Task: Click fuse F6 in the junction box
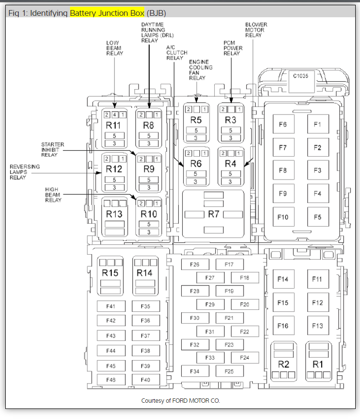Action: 283,125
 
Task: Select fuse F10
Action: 283,217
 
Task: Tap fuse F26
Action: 195,264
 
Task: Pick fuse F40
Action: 146,380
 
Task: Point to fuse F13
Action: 317,326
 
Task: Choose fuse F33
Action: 210,358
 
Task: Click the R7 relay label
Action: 213,214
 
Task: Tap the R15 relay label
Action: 110,273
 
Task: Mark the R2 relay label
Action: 283,364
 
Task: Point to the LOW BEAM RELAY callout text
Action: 115,48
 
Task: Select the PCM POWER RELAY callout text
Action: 232,48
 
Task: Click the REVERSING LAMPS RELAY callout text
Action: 25,172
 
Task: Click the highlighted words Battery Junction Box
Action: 107,13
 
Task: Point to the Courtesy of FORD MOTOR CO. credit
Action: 180,400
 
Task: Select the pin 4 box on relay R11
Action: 115,114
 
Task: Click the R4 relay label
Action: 231,163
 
